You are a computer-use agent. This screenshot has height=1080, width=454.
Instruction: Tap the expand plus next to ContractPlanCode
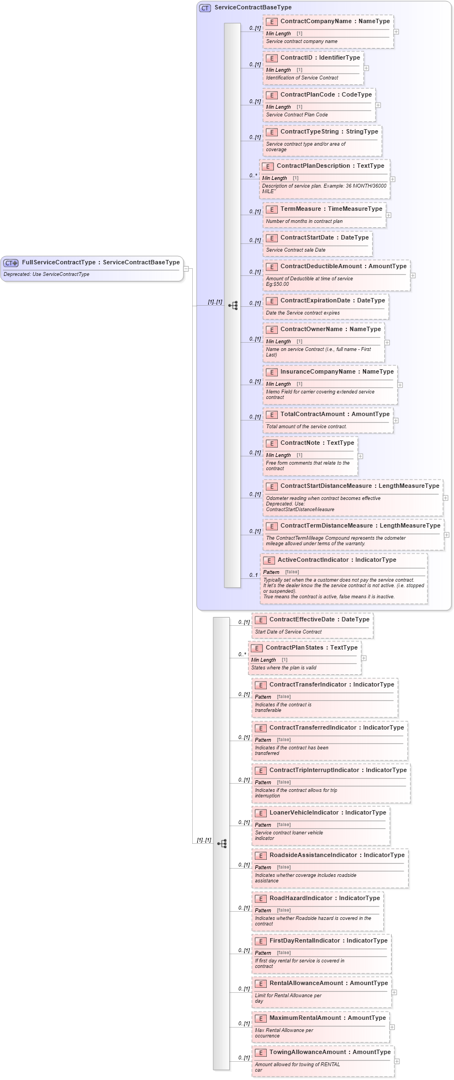[x=378, y=105]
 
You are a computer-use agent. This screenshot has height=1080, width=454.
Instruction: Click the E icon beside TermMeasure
[x=271, y=209]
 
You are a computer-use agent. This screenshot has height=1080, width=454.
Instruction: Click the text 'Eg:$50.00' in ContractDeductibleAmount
[x=277, y=284]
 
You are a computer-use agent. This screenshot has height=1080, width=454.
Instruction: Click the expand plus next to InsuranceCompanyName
[x=400, y=385]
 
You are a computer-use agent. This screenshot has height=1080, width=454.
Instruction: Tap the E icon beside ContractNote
[x=271, y=443]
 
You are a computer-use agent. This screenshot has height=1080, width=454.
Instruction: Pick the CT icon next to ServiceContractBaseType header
[x=205, y=8]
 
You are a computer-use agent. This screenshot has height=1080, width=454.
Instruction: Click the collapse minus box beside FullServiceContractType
[x=187, y=269]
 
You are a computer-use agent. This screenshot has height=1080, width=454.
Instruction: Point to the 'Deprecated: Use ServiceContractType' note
[x=46, y=274]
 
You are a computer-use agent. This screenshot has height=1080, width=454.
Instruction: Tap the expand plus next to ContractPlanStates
[x=363, y=658]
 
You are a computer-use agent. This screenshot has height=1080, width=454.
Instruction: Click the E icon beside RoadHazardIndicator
[x=260, y=898]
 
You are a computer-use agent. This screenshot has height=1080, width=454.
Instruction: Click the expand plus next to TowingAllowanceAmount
[x=397, y=1061]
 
